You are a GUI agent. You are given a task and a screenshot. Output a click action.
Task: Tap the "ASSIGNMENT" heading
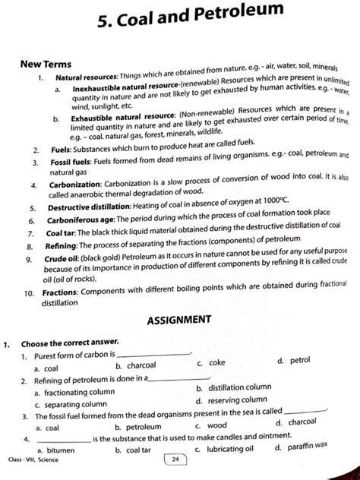coord(178,319)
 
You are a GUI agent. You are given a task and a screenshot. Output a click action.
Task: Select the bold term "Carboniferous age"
coord(82,220)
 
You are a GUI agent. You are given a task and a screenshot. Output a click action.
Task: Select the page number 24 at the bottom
coord(175,459)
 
